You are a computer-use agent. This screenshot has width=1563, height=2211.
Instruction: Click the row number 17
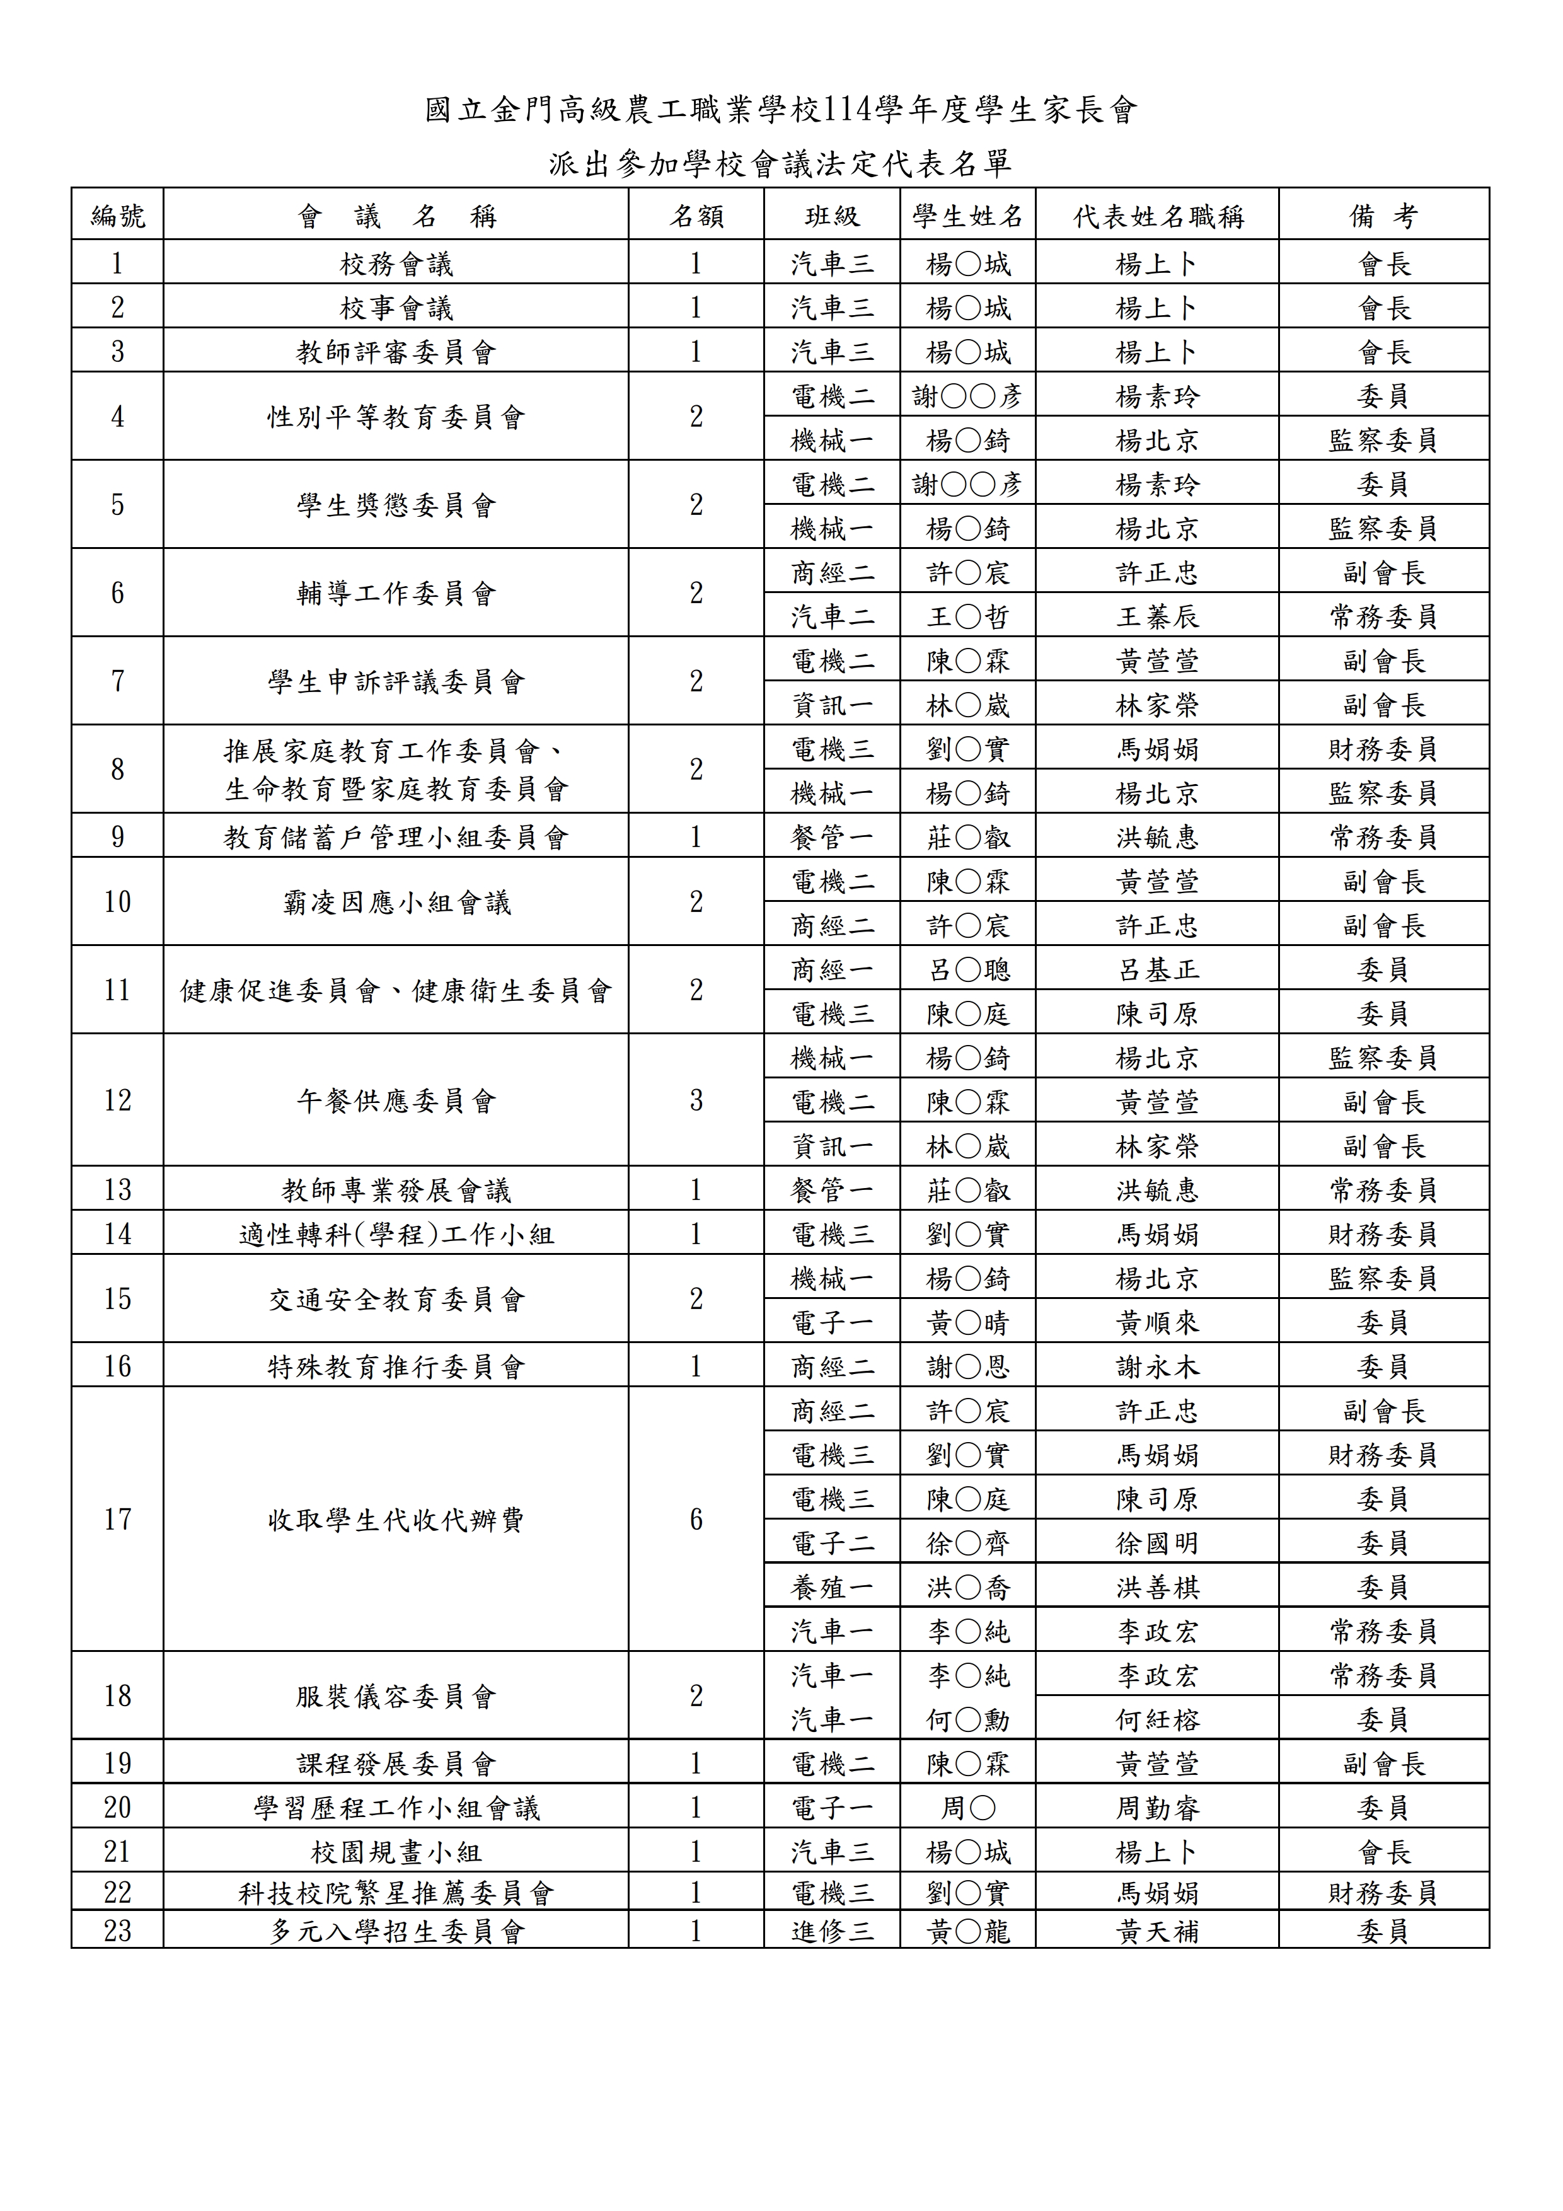117,1518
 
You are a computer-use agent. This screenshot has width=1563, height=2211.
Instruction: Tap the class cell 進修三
831,1931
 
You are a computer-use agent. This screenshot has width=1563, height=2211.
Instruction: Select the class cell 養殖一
831,1587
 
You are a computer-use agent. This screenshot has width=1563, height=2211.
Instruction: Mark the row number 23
117,1931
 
